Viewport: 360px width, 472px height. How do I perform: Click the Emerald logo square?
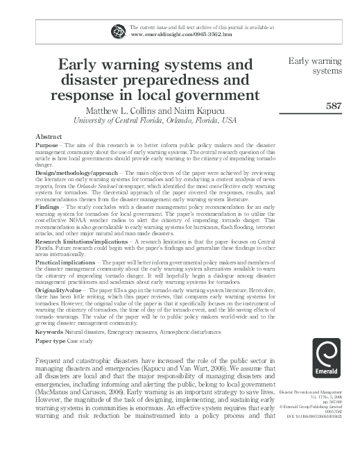[326, 357]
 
